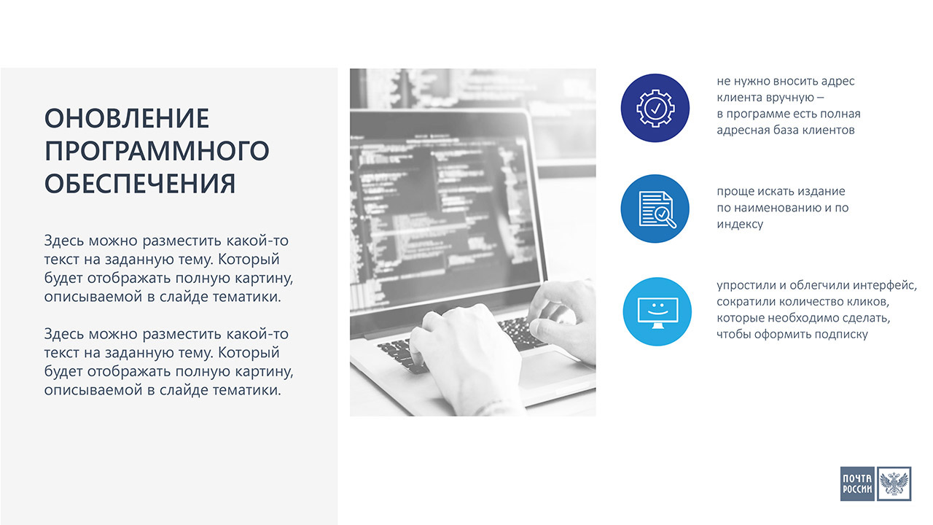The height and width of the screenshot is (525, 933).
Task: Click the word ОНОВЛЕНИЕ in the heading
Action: click(127, 118)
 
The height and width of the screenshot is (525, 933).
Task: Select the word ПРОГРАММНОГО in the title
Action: click(157, 151)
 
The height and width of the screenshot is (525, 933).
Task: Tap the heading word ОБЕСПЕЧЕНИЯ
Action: click(140, 184)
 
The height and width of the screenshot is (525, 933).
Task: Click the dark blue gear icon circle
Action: click(655, 108)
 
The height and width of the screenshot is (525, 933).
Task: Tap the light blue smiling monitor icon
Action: click(657, 311)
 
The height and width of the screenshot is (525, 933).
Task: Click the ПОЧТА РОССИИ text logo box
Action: click(857, 483)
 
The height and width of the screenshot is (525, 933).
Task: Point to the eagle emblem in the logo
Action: click(894, 483)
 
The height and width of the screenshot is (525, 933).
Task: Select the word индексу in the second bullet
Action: click(740, 224)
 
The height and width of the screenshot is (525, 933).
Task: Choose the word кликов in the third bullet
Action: click(870, 302)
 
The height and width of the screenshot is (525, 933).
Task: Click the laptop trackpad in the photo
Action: click(554, 369)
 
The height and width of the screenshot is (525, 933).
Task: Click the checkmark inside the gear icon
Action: click(655, 109)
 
